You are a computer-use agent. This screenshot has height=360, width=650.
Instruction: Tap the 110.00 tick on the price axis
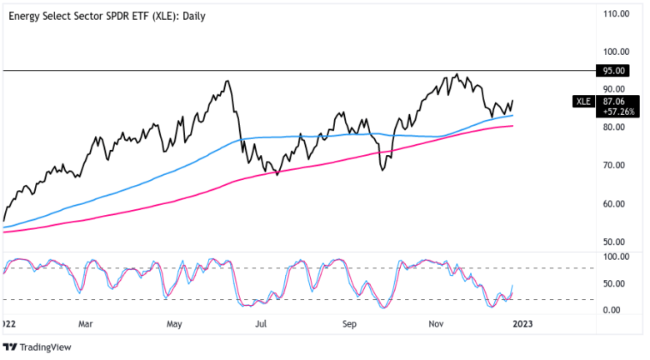(615, 14)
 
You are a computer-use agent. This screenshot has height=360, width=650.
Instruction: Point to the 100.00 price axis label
(615, 51)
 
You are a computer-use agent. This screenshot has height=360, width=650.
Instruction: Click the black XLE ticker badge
(584, 102)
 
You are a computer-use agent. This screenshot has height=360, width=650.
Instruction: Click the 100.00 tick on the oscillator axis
(615, 257)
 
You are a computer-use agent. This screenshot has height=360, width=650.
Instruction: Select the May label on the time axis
(174, 322)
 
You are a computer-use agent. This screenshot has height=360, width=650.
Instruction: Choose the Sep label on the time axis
(350, 322)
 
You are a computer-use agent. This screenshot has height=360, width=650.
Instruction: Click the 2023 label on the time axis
(524, 322)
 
